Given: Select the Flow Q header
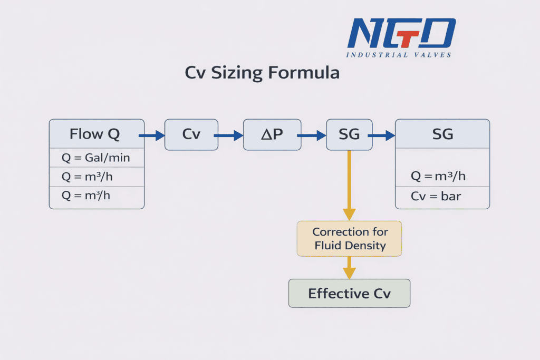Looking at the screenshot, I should [x=95, y=134].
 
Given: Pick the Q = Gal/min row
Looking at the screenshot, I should [x=95, y=158].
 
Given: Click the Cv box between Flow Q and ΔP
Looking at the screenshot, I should [x=191, y=134].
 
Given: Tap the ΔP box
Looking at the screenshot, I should [x=272, y=134].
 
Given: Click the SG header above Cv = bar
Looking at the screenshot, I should [x=442, y=134].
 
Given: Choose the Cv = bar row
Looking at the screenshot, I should [x=436, y=197].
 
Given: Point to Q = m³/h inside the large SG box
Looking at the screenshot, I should [x=438, y=177].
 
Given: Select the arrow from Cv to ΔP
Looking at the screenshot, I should [x=228, y=135].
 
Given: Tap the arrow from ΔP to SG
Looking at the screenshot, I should [x=312, y=135].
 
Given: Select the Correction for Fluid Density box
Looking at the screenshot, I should [x=350, y=239].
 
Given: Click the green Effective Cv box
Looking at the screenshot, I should [x=349, y=294].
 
